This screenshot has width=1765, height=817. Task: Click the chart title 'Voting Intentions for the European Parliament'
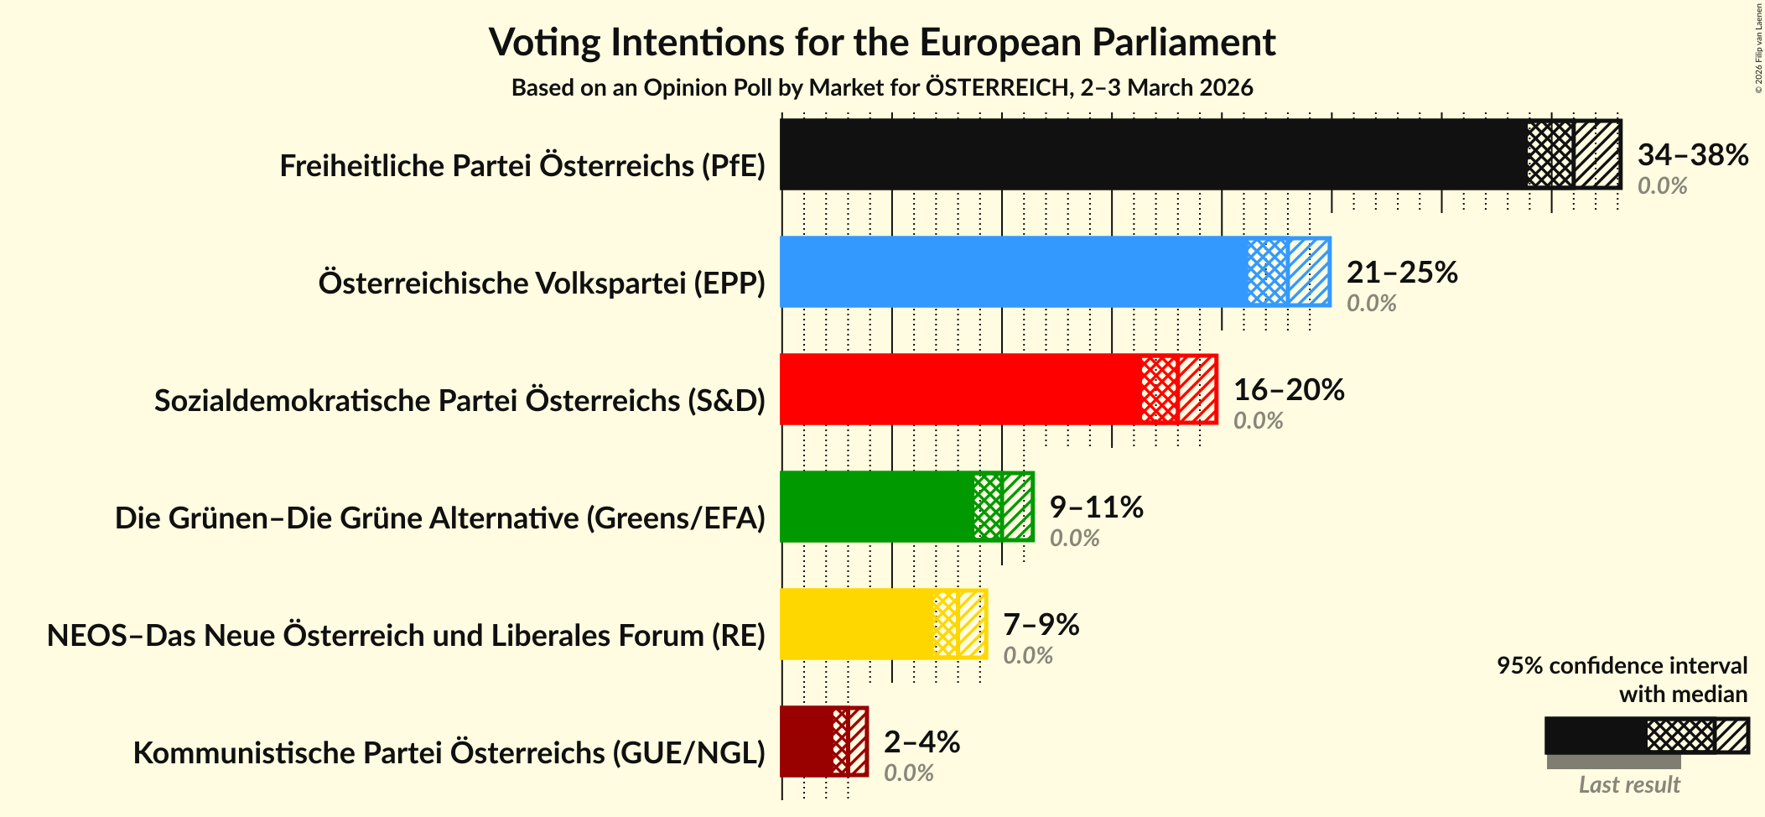pos(882,42)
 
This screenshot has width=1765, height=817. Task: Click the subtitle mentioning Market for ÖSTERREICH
pos(882,88)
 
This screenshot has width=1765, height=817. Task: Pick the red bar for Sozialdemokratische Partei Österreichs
pos(960,389)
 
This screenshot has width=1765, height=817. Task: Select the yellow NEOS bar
pos(856,624)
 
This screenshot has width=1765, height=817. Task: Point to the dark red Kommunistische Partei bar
pos(807,742)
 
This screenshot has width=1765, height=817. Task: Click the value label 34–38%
pos(1692,154)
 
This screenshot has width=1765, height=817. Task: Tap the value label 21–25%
pos(1402,272)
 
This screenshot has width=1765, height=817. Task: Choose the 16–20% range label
pos(1289,389)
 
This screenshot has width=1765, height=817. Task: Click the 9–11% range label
pos(1096,507)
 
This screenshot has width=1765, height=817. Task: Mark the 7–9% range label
pos(1041,624)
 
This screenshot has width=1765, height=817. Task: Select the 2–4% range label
pos(921,742)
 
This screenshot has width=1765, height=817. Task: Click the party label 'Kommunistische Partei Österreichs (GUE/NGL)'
pos(449,753)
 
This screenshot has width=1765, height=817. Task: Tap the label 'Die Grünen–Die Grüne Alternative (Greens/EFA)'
pos(440,518)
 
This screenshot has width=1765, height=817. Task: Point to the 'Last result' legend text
pos(1629,785)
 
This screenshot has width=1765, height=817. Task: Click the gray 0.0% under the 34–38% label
pos(1662,186)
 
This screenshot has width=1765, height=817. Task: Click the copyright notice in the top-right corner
pos(1758,49)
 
